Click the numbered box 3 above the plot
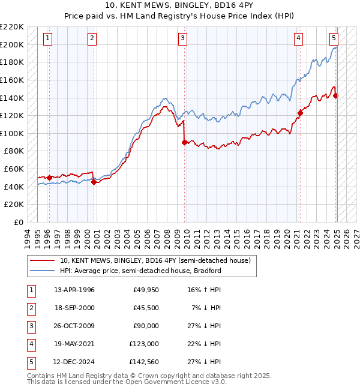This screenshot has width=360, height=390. coord(182,39)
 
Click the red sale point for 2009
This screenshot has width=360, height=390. coord(184,142)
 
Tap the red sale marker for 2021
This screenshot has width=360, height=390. coord(300,112)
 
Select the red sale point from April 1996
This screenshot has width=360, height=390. coord(49,178)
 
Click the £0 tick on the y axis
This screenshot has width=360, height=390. coord(19,222)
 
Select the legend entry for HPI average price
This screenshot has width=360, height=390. coord(140,271)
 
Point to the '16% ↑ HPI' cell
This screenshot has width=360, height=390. coord(204,290)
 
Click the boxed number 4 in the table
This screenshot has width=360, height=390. coord(31,344)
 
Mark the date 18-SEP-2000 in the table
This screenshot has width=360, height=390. coord(74,308)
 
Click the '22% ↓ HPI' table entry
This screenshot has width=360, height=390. coord(204,344)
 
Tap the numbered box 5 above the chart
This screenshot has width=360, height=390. coord(334,39)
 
